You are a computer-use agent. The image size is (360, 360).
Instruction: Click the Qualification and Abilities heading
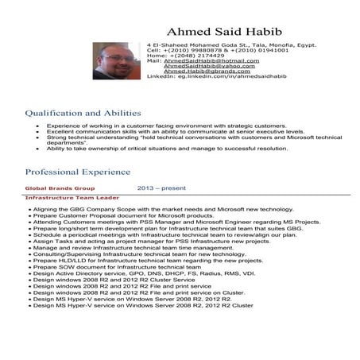[83, 114]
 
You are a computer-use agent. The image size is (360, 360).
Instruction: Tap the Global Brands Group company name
[60, 188]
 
